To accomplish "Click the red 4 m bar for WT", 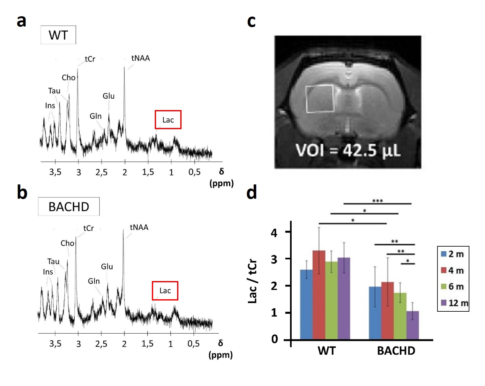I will pyautogui.click(x=319, y=295).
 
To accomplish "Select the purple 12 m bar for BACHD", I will pyautogui.click(x=412, y=325).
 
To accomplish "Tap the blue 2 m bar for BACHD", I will pyautogui.click(x=375, y=313).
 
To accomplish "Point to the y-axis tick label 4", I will pyautogui.click(x=274, y=233).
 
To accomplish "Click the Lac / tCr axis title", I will pyautogui.click(x=252, y=281).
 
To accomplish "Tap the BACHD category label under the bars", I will pyautogui.click(x=396, y=351).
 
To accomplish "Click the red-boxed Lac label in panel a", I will pyautogui.click(x=168, y=120).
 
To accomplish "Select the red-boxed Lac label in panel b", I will pyautogui.click(x=165, y=291).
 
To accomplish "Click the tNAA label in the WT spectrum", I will pyautogui.click(x=140, y=58).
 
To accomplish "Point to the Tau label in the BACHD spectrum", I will pyautogui.click(x=53, y=262).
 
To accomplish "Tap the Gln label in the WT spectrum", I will pyautogui.click(x=95, y=116).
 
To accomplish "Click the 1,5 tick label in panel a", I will pyautogui.click(x=148, y=172).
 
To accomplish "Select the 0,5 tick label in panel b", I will pyautogui.click(x=193, y=344).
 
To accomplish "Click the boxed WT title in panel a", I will pyautogui.click(x=58, y=35).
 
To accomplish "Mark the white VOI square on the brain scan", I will pyautogui.click(x=320, y=99).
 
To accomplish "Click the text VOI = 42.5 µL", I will pyautogui.click(x=348, y=150).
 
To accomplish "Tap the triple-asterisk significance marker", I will pyautogui.click(x=377, y=201).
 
